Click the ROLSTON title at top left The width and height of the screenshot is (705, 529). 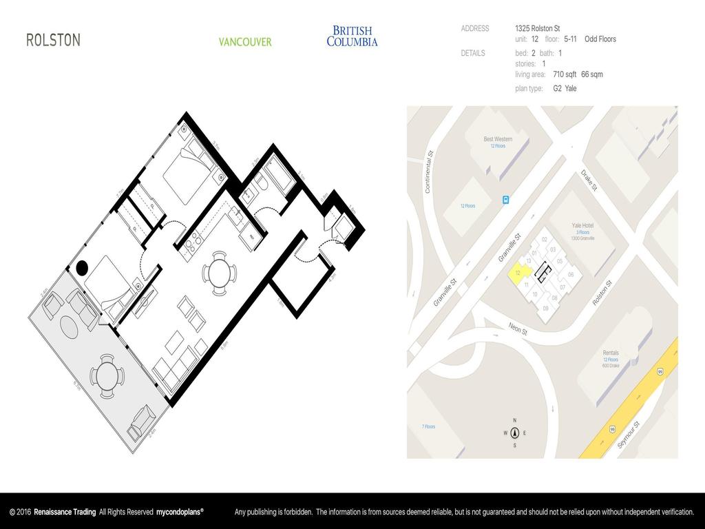point(53,40)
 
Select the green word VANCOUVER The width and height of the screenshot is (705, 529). point(245,42)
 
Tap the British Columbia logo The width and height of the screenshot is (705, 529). point(352,36)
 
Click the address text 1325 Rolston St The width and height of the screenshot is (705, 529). point(537,28)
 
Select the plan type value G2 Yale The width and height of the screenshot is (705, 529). point(565,88)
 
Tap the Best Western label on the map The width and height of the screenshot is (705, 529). point(498,139)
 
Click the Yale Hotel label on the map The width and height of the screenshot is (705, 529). point(582,226)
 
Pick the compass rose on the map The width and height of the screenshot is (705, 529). point(514,433)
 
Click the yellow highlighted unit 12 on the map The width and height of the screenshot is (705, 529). point(516,273)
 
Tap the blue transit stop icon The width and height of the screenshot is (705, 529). point(506,200)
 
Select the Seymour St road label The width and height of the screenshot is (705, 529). point(628,435)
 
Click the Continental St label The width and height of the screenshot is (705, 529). point(428,172)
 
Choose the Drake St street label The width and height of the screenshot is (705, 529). point(589,181)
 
